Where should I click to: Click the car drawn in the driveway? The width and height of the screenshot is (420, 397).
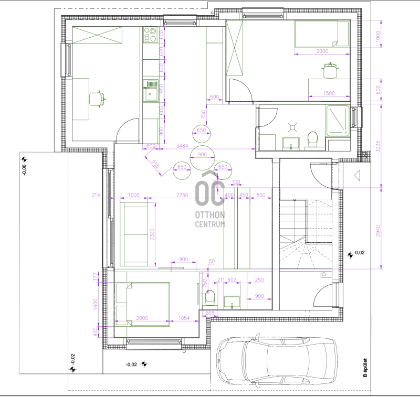(277, 361)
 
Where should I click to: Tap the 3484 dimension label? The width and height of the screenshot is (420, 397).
(182, 146)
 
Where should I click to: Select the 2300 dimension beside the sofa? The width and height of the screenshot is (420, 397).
(152, 234)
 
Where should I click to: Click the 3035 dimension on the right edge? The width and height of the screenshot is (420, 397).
(378, 146)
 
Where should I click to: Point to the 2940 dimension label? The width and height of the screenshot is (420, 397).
(378, 231)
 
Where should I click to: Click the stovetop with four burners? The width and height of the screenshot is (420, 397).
(150, 35)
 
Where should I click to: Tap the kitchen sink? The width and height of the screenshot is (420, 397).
(150, 90)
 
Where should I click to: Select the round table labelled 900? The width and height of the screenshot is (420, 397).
(202, 158)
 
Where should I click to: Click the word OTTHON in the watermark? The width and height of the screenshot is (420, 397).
(210, 215)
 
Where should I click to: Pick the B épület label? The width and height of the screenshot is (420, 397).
(365, 368)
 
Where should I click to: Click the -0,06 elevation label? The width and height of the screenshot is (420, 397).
(24, 169)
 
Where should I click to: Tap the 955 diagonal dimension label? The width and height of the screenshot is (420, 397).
(155, 164)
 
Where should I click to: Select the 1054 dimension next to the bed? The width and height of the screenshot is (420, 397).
(184, 318)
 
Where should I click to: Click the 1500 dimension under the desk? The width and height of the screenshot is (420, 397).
(329, 93)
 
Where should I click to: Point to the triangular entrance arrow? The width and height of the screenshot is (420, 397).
(357, 176)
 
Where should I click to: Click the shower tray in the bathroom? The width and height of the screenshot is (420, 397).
(338, 121)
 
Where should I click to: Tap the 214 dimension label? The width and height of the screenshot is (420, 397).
(96, 195)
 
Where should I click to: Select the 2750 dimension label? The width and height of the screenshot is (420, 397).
(182, 195)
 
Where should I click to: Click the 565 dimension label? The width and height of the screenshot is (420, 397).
(210, 313)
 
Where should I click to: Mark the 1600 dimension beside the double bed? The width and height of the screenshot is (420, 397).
(96, 304)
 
